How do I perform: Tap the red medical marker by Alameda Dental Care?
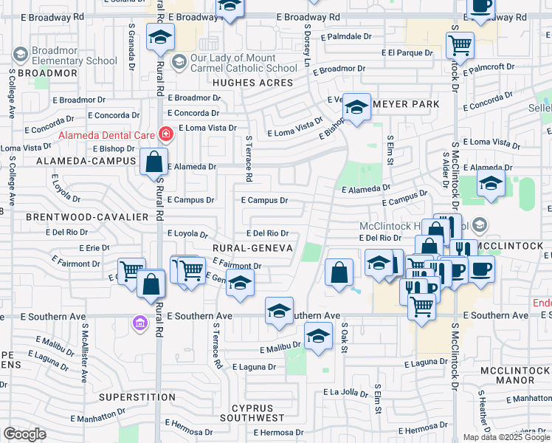[165, 134]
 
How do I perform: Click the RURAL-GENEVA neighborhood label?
[252, 247]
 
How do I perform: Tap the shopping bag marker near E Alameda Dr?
[154, 162]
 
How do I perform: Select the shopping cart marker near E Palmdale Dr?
[460, 45]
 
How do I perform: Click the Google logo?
[24, 434]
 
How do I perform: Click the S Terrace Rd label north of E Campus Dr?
[249, 159]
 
